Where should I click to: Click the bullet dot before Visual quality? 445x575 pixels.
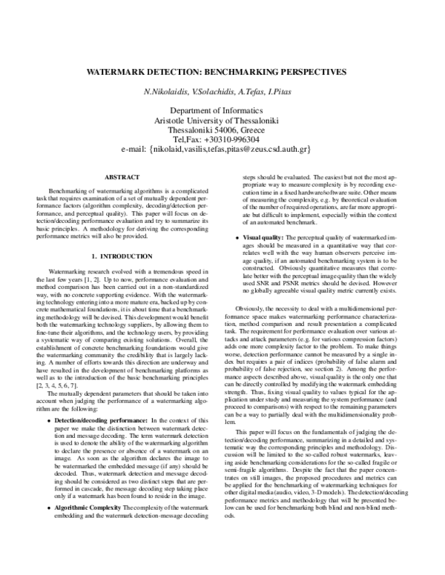point(237,236)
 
